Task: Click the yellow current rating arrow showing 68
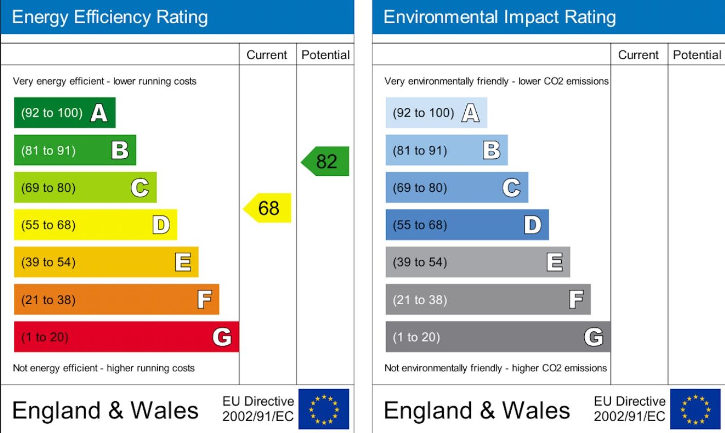(x=268, y=208)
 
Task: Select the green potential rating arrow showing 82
(x=326, y=161)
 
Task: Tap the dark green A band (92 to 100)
(x=64, y=112)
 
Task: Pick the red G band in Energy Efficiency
(x=126, y=337)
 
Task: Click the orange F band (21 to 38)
(x=116, y=299)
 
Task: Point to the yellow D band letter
(x=161, y=225)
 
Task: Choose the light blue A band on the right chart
(x=436, y=112)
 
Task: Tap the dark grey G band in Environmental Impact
(x=498, y=337)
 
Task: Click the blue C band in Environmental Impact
(x=457, y=188)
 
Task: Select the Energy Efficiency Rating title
(x=110, y=17)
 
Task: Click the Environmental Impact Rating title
(x=499, y=17)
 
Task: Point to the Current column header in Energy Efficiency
(x=267, y=55)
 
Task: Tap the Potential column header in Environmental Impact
(x=697, y=55)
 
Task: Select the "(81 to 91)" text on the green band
(x=48, y=151)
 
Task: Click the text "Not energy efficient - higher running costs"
(x=104, y=368)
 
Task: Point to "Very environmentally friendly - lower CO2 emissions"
(x=496, y=81)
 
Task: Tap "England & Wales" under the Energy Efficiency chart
(x=105, y=410)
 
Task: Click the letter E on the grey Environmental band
(x=554, y=262)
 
